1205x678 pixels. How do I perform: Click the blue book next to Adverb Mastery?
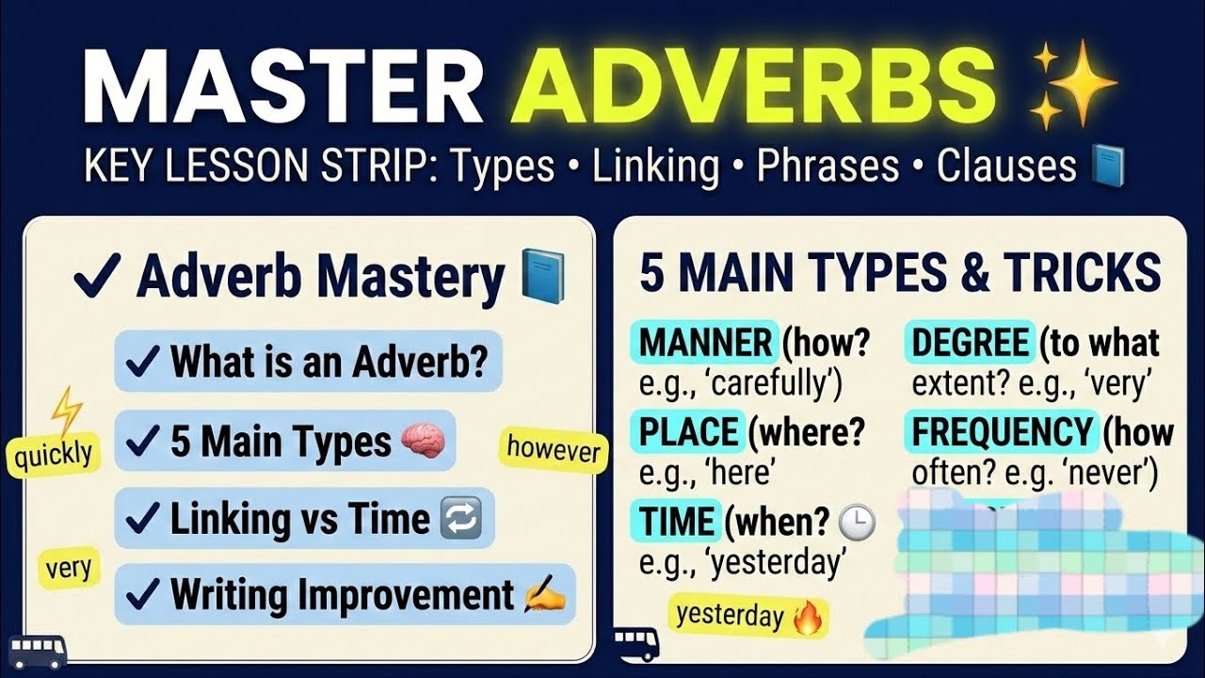pyautogui.click(x=543, y=277)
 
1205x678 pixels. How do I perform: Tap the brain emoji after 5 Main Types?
pyautogui.click(x=423, y=442)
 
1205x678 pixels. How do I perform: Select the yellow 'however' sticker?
pyautogui.click(x=554, y=449)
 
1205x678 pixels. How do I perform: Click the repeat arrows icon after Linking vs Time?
pyautogui.click(x=460, y=519)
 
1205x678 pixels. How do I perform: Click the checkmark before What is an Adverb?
pyautogui.click(x=142, y=361)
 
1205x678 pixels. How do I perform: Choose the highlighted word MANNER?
pyautogui.click(x=706, y=343)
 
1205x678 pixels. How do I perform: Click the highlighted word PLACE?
pyautogui.click(x=690, y=432)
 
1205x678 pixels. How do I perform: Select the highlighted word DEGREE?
pyautogui.click(x=971, y=343)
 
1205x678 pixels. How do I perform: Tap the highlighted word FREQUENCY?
pyautogui.click(x=1002, y=432)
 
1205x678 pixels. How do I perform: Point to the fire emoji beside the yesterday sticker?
pyautogui.click(x=807, y=618)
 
